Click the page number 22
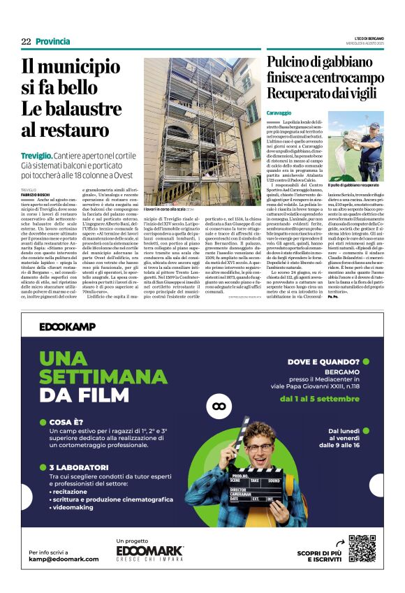tap(26, 41)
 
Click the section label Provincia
tap(53, 41)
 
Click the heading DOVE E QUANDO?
tap(322, 362)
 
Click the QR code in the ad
tap(361, 548)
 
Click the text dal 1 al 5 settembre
tap(324, 400)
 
